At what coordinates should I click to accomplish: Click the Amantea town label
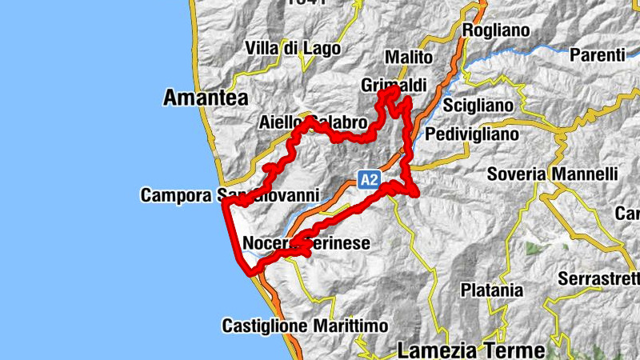(x=205, y=98)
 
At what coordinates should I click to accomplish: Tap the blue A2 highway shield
(x=368, y=180)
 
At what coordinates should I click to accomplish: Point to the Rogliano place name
(x=496, y=30)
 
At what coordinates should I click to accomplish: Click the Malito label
(x=408, y=58)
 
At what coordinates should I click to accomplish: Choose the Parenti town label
(x=597, y=55)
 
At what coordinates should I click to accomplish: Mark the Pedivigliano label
(x=473, y=134)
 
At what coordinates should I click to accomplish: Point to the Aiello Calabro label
(x=313, y=123)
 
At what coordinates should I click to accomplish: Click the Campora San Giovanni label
(x=230, y=195)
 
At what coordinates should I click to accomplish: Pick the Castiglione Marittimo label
(x=305, y=326)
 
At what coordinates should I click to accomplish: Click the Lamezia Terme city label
(x=471, y=350)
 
